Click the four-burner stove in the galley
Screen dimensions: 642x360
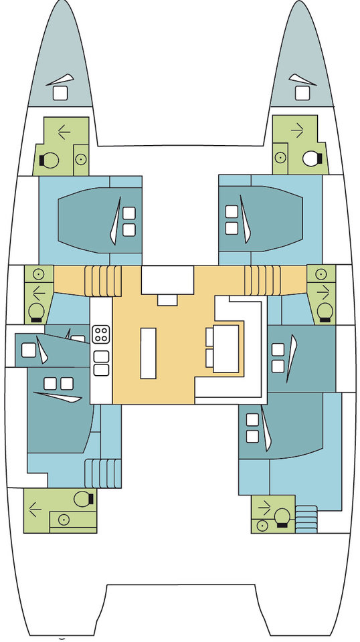101,333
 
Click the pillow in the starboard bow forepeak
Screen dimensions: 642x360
302,92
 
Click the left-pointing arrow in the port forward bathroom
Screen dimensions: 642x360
64,132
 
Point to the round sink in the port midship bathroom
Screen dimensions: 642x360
38,274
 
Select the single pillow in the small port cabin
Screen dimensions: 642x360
28,349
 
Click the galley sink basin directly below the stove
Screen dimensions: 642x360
101,356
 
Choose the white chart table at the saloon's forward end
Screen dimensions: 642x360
167,281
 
